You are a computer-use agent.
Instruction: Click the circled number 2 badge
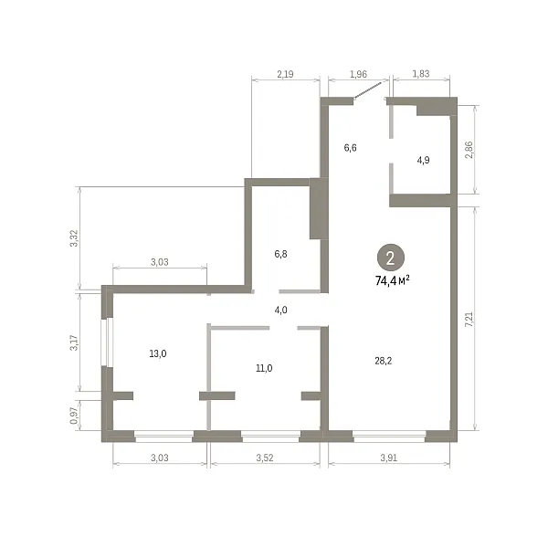[x=390, y=258]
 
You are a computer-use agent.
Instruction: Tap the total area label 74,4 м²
[x=392, y=280]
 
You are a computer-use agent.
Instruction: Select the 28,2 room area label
[x=383, y=361]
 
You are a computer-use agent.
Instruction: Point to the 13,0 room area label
[x=158, y=354]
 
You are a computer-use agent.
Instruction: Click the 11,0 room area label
[x=264, y=368]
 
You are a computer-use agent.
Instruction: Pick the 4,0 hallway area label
[x=280, y=310]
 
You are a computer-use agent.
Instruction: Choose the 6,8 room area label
[x=280, y=254]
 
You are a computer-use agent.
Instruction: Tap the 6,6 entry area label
[x=350, y=148]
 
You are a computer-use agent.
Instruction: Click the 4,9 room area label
[x=423, y=161]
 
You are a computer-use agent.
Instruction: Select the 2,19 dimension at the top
[x=285, y=74]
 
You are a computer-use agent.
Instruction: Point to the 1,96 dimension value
[x=358, y=74]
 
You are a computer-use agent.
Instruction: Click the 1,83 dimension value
[x=421, y=74]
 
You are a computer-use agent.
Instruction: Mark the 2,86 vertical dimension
[x=469, y=150]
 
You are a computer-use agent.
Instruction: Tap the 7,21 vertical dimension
[x=469, y=319]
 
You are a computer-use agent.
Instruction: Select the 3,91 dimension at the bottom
[x=389, y=458]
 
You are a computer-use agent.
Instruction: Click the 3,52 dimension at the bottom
[x=265, y=458]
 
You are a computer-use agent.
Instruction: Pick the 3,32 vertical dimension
[x=74, y=238]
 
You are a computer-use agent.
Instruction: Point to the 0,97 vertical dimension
[x=74, y=416]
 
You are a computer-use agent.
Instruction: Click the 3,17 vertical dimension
[x=74, y=342]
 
